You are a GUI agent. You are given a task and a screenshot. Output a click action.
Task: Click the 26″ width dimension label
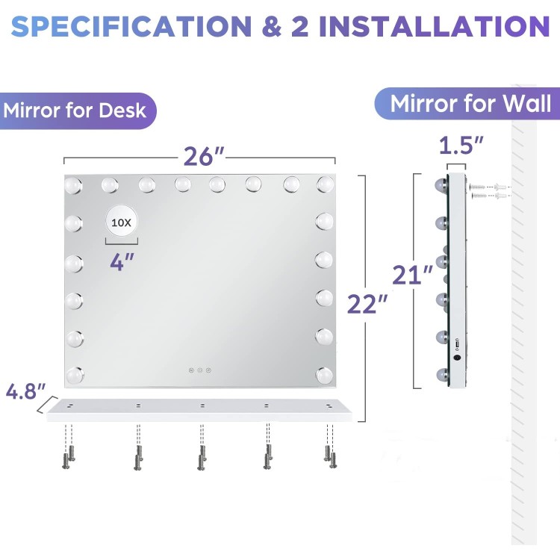click(x=204, y=157)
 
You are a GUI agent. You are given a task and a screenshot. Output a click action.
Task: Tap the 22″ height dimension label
click(x=367, y=305)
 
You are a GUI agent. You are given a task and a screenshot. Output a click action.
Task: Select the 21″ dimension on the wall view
click(x=412, y=275)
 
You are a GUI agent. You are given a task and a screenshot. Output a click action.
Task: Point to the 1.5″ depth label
click(x=461, y=146)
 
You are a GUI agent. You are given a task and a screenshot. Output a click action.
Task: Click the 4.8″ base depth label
click(x=25, y=391)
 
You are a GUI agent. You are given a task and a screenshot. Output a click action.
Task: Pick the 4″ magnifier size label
click(x=122, y=262)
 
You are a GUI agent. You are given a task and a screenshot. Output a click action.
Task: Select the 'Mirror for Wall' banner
click(x=467, y=104)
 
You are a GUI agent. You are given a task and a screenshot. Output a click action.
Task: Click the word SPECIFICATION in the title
click(x=131, y=26)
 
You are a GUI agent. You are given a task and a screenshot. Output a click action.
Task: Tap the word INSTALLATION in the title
click(x=434, y=26)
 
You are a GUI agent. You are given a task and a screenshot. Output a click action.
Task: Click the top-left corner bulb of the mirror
click(x=73, y=185)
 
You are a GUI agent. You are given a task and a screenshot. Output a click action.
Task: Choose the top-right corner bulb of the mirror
click(x=326, y=184)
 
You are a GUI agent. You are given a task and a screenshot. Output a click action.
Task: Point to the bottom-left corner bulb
click(x=75, y=375)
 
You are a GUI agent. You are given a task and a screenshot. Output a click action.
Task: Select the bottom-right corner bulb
click(x=324, y=376)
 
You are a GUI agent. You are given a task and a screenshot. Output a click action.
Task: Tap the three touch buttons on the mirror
click(x=200, y=370)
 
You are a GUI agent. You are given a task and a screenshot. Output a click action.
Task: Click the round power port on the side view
click(x=457, y=357)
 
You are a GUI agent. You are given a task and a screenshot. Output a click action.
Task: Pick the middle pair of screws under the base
click(x=202, y=457)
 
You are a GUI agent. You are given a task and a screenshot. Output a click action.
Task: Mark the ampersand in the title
click(x=272, y=26)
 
